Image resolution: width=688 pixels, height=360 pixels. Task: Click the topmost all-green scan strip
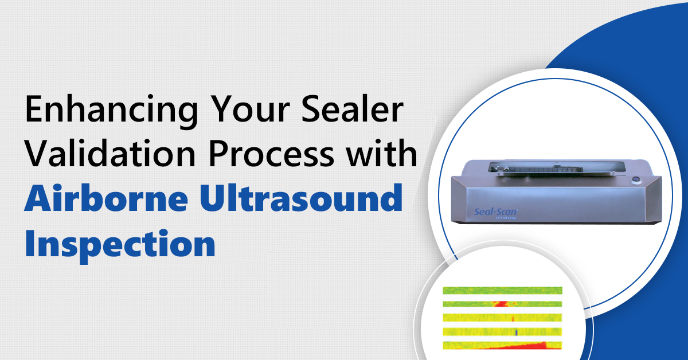502,290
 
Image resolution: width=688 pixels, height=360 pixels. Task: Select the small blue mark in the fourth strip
515,331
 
